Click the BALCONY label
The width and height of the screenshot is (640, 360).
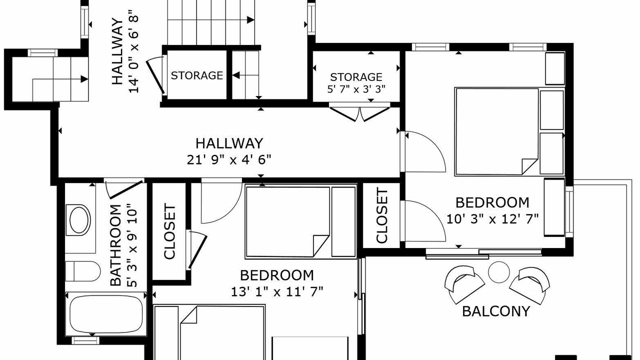click(496, 311)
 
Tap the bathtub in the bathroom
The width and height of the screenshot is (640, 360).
click(106, 314)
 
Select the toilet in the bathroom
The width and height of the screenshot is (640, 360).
click(83, 271)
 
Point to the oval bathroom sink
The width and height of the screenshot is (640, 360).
click(79, 220)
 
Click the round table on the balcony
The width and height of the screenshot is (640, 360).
click(499, 272)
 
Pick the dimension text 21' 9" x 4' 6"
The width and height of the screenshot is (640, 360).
click(229, 159)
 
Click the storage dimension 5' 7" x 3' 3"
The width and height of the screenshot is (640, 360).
click(356, 89)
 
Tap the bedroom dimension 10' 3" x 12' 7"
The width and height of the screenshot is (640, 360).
click(492, 219)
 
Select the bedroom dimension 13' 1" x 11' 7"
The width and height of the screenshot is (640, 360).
click(277, 292)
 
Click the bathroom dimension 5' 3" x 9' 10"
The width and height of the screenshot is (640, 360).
click(133, 245)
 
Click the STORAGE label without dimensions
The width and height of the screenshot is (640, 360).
click(197, 75)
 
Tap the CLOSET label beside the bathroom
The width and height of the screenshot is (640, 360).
click(169, 231)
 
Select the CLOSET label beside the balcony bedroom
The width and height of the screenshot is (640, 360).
click(382, 215)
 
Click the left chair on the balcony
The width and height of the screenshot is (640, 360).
click(464, 284)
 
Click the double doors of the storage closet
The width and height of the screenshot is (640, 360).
click(359, 113)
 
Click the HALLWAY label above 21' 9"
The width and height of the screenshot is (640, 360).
click(229, 143)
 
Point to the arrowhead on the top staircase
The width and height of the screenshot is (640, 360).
click(250, 19)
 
